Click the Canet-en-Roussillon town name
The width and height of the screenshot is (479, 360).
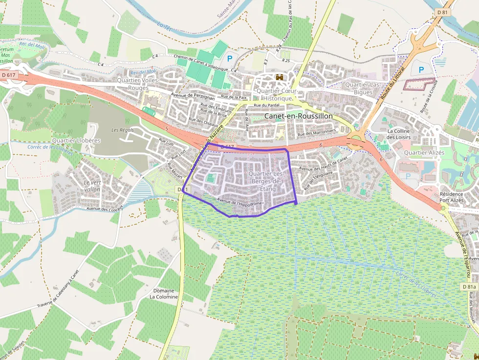click(x=298, y=116)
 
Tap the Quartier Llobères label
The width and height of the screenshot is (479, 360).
click(x=76, y=141)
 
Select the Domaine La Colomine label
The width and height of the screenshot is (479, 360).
click(x=164, y=294)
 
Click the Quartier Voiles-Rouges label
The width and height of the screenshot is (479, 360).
click(x=138, y=84)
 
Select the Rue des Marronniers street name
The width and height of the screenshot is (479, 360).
click(x=317, y=132)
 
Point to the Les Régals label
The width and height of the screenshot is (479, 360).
click(x=122, y=130)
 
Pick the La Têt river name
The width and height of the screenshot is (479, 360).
click(x=167, y=23)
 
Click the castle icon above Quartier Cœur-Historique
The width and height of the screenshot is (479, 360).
click(x=280, y=78)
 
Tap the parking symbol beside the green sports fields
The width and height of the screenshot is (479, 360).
click(x=231, y=58)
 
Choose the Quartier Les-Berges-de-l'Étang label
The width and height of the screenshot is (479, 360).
click(x=266, y=181)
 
